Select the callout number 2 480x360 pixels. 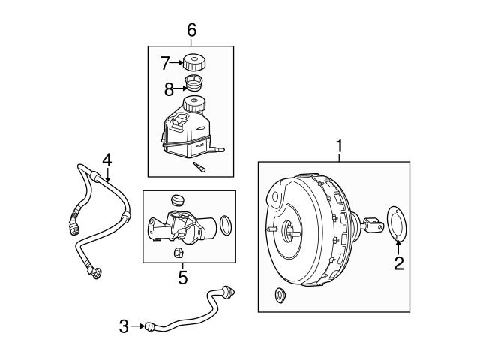tap(399, 262)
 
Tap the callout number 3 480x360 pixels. tap(124, 325)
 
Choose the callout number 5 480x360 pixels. tap(182, 277)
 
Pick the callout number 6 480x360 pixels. tap(191, 30)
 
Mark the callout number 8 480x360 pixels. tap(169, 90)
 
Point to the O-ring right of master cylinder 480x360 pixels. tap(226, 224)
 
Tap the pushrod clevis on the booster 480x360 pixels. tap(373, 222)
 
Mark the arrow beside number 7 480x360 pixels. tap(178, 64)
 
